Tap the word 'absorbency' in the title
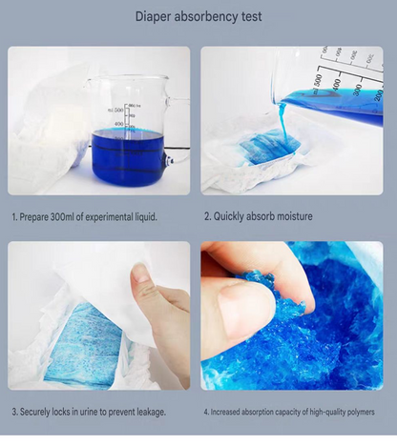click(206, 16)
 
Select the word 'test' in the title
click(252, 16)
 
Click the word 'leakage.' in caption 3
click(151, 413)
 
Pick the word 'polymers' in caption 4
click(361, 413)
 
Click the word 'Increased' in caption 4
click(225, 412)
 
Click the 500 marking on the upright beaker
click(118, 110)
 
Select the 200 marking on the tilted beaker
click(378, 95)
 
